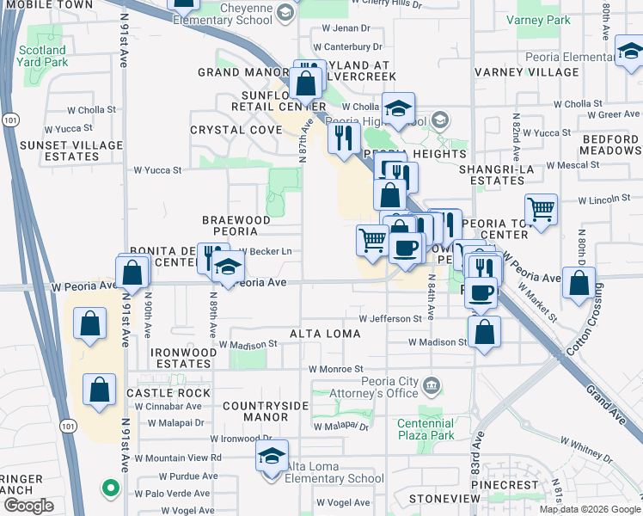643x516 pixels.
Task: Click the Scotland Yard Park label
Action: tap(42, 57)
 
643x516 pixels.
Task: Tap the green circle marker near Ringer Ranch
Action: tap(110, 488)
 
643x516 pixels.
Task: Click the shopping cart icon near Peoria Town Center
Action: tap(541, 210)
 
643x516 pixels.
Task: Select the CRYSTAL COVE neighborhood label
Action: tap(236, 130)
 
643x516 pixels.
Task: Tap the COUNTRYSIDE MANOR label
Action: tap(254, 410)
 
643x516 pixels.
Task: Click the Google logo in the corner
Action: tap(28, 506)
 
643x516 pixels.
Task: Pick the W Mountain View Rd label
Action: tap(179, 458)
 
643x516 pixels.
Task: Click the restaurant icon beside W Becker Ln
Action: tap(209, 255)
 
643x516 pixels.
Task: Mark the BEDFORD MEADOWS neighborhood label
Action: tap(611, 144)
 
